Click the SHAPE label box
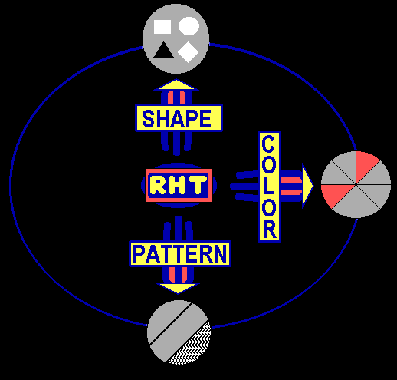pos(179,118)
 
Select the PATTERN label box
pos(180,254)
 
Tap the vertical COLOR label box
pos(269,187)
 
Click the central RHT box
pos(179,185)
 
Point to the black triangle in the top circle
pos(163,51)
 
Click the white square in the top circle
pos(162,27)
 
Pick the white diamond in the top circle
pos(189,52)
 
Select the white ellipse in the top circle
pos(189,26)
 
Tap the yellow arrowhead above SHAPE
pos(176,85)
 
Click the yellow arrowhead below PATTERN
pos(178,288)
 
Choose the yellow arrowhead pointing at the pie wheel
pos(307,186)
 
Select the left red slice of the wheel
pos(336,194)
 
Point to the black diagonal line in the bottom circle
pos(170,324)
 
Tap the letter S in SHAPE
pos(148,118)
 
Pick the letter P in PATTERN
pos(139,254)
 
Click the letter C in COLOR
pos(268,144)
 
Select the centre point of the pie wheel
pos(356,184)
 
